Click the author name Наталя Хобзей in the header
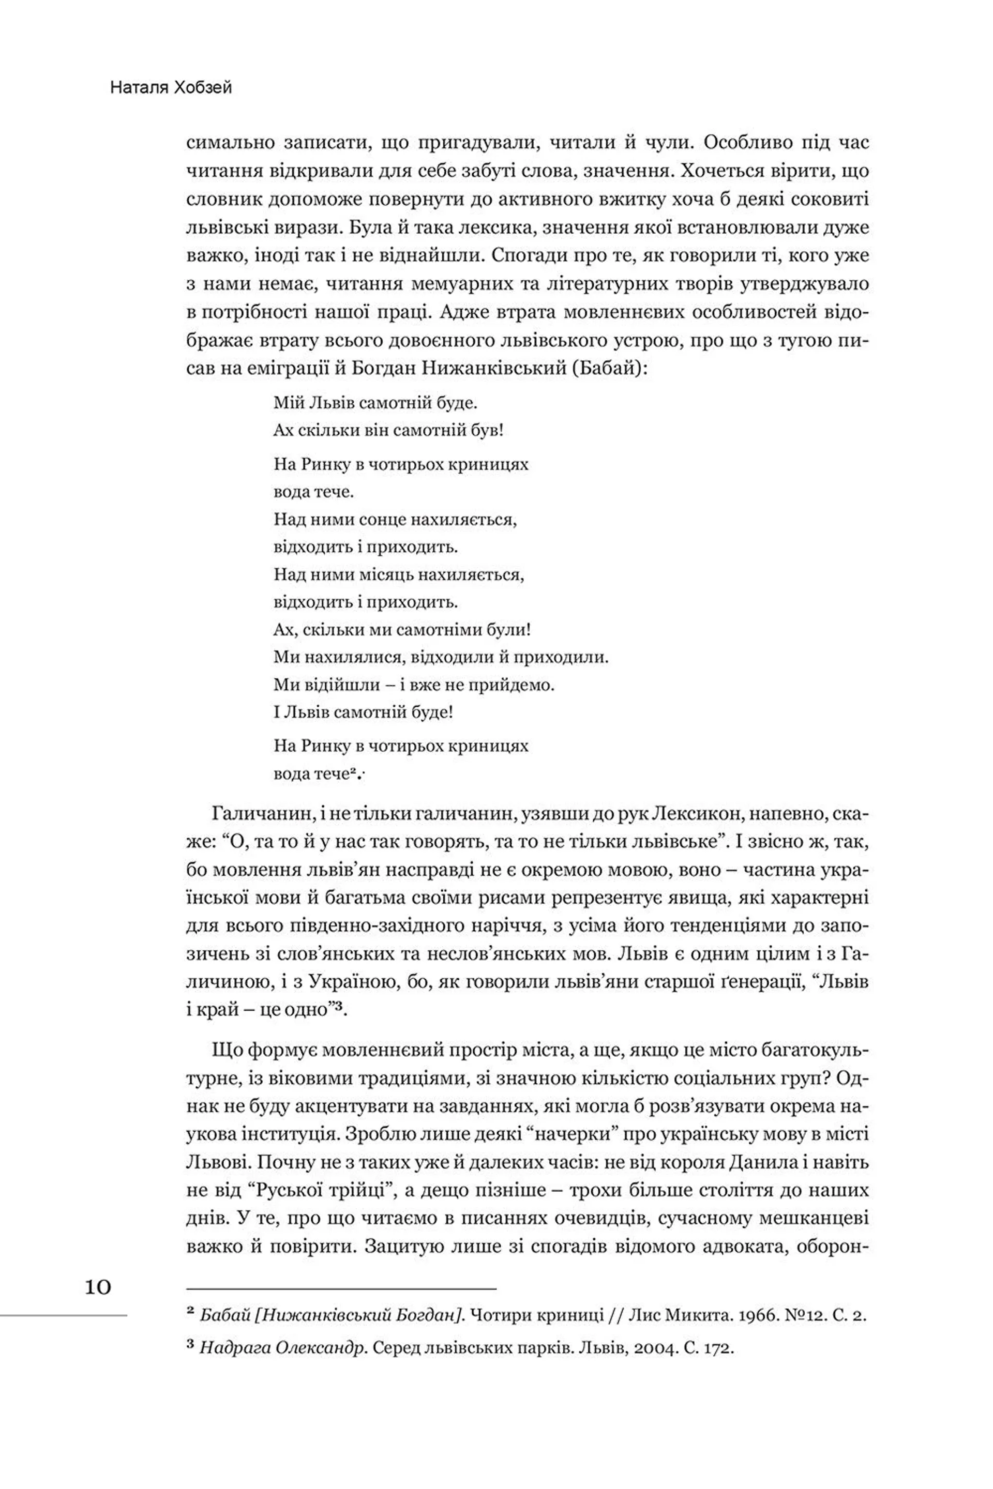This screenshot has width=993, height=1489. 171,87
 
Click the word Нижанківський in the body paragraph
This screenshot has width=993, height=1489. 490,369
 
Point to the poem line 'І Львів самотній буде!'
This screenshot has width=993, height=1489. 363,712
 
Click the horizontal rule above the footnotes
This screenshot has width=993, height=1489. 341,1288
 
